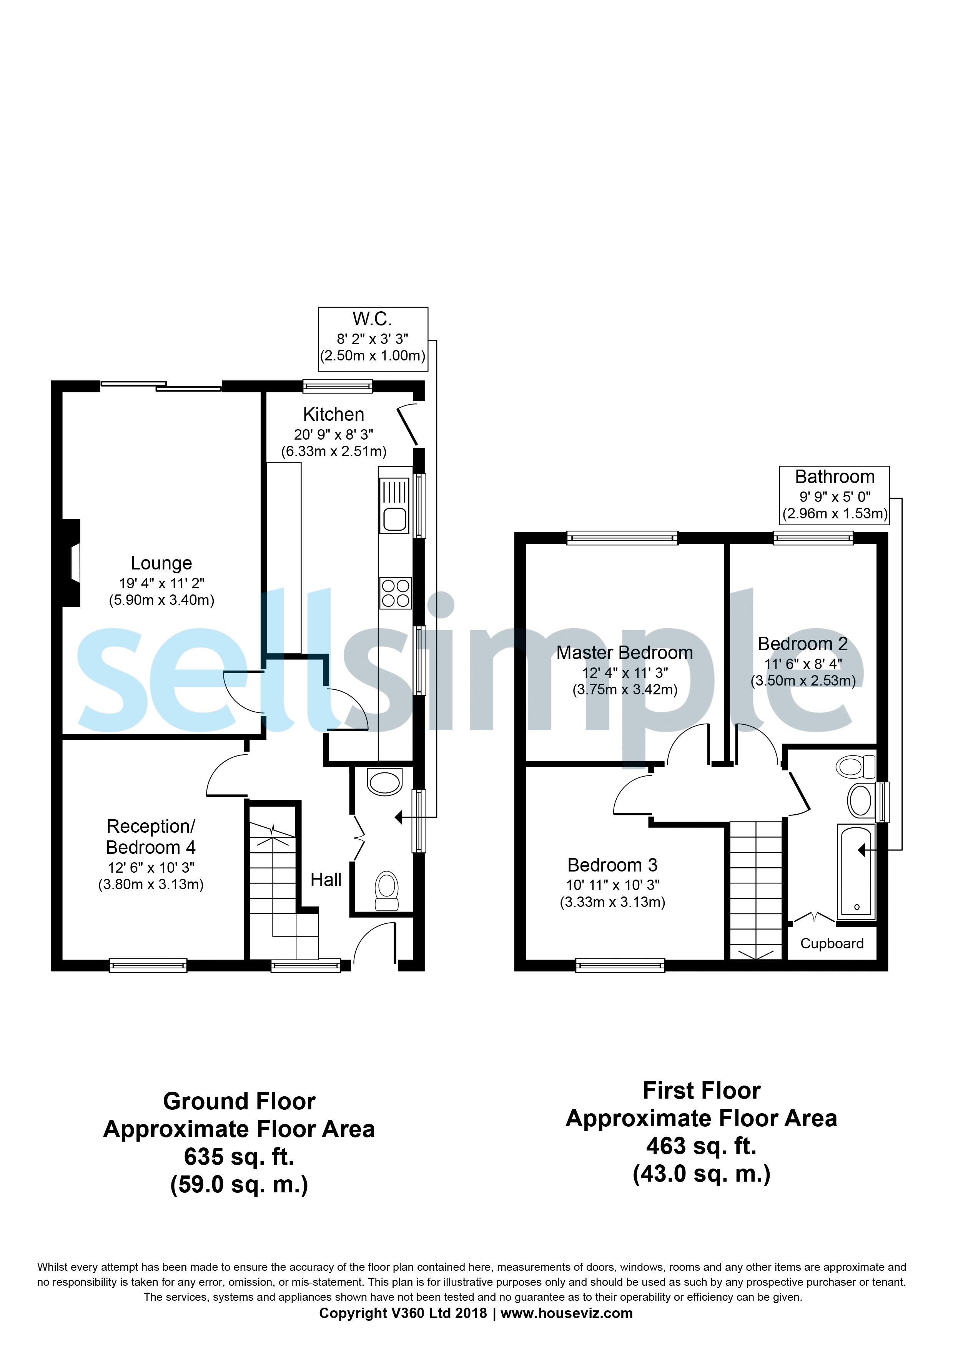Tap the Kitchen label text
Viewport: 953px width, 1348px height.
click(x=334, y=415)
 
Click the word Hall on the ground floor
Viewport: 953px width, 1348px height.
click(x=326, y=880)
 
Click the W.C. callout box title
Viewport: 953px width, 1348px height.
click(x=372, y=319)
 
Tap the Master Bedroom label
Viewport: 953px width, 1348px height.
click(x=625, y=653)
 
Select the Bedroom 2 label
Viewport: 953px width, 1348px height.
click(x=803, y=644)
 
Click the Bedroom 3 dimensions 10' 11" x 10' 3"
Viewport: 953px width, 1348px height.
click(x=612, y=885)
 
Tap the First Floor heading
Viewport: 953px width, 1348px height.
click(x=702, y=1091)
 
